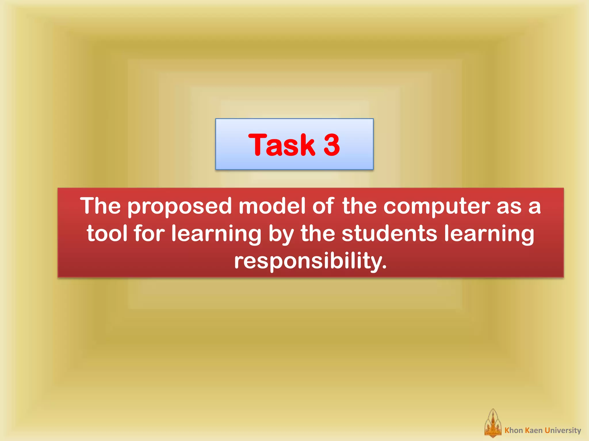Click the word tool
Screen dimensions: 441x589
[107, 233]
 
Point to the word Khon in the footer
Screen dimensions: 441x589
[514, 430]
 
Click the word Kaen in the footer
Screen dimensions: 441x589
[534, 430]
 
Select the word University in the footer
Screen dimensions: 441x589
[563, 430]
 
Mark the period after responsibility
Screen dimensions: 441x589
[384, 267]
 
